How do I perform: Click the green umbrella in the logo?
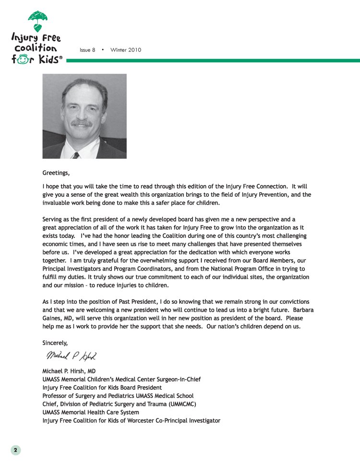point(37,19)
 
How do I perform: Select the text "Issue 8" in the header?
point(87,50)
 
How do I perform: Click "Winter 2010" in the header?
point(126,50)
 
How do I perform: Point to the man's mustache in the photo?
point(82,123)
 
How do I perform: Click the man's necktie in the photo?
point(75,155)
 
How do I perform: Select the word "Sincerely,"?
point(55,343)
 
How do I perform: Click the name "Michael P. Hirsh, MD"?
point(72,371)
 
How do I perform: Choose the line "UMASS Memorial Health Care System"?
point(91,412)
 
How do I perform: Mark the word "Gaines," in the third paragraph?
point(54,318)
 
